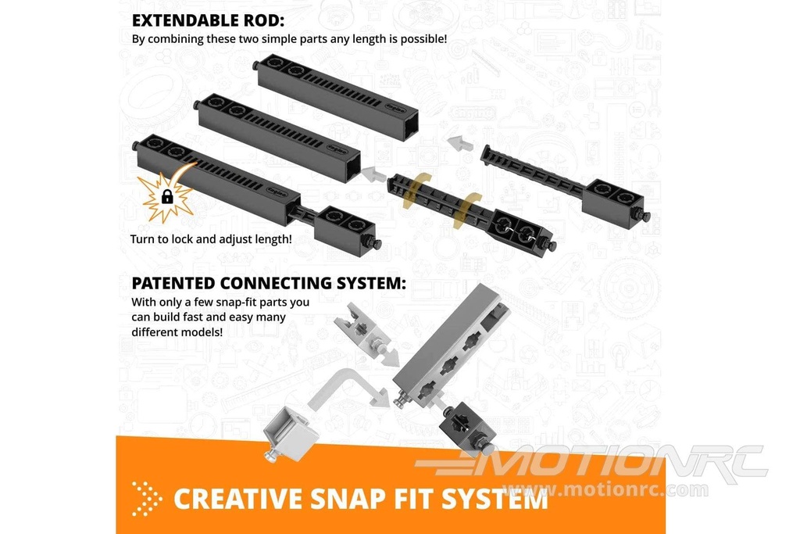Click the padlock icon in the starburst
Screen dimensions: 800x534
pyautogui.click(x=167, y=196)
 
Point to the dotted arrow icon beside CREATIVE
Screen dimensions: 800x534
pyautogui.click(x=146, y=498)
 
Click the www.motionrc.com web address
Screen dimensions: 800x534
pyautogui.click(x=605, y=489)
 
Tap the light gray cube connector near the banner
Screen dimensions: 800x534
pyautogui.click(x=290, y=435)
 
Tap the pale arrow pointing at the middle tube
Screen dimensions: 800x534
pyautogui.click(x=373, y=174)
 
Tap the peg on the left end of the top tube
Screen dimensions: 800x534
pyautogui.click(x=255, y=66)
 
